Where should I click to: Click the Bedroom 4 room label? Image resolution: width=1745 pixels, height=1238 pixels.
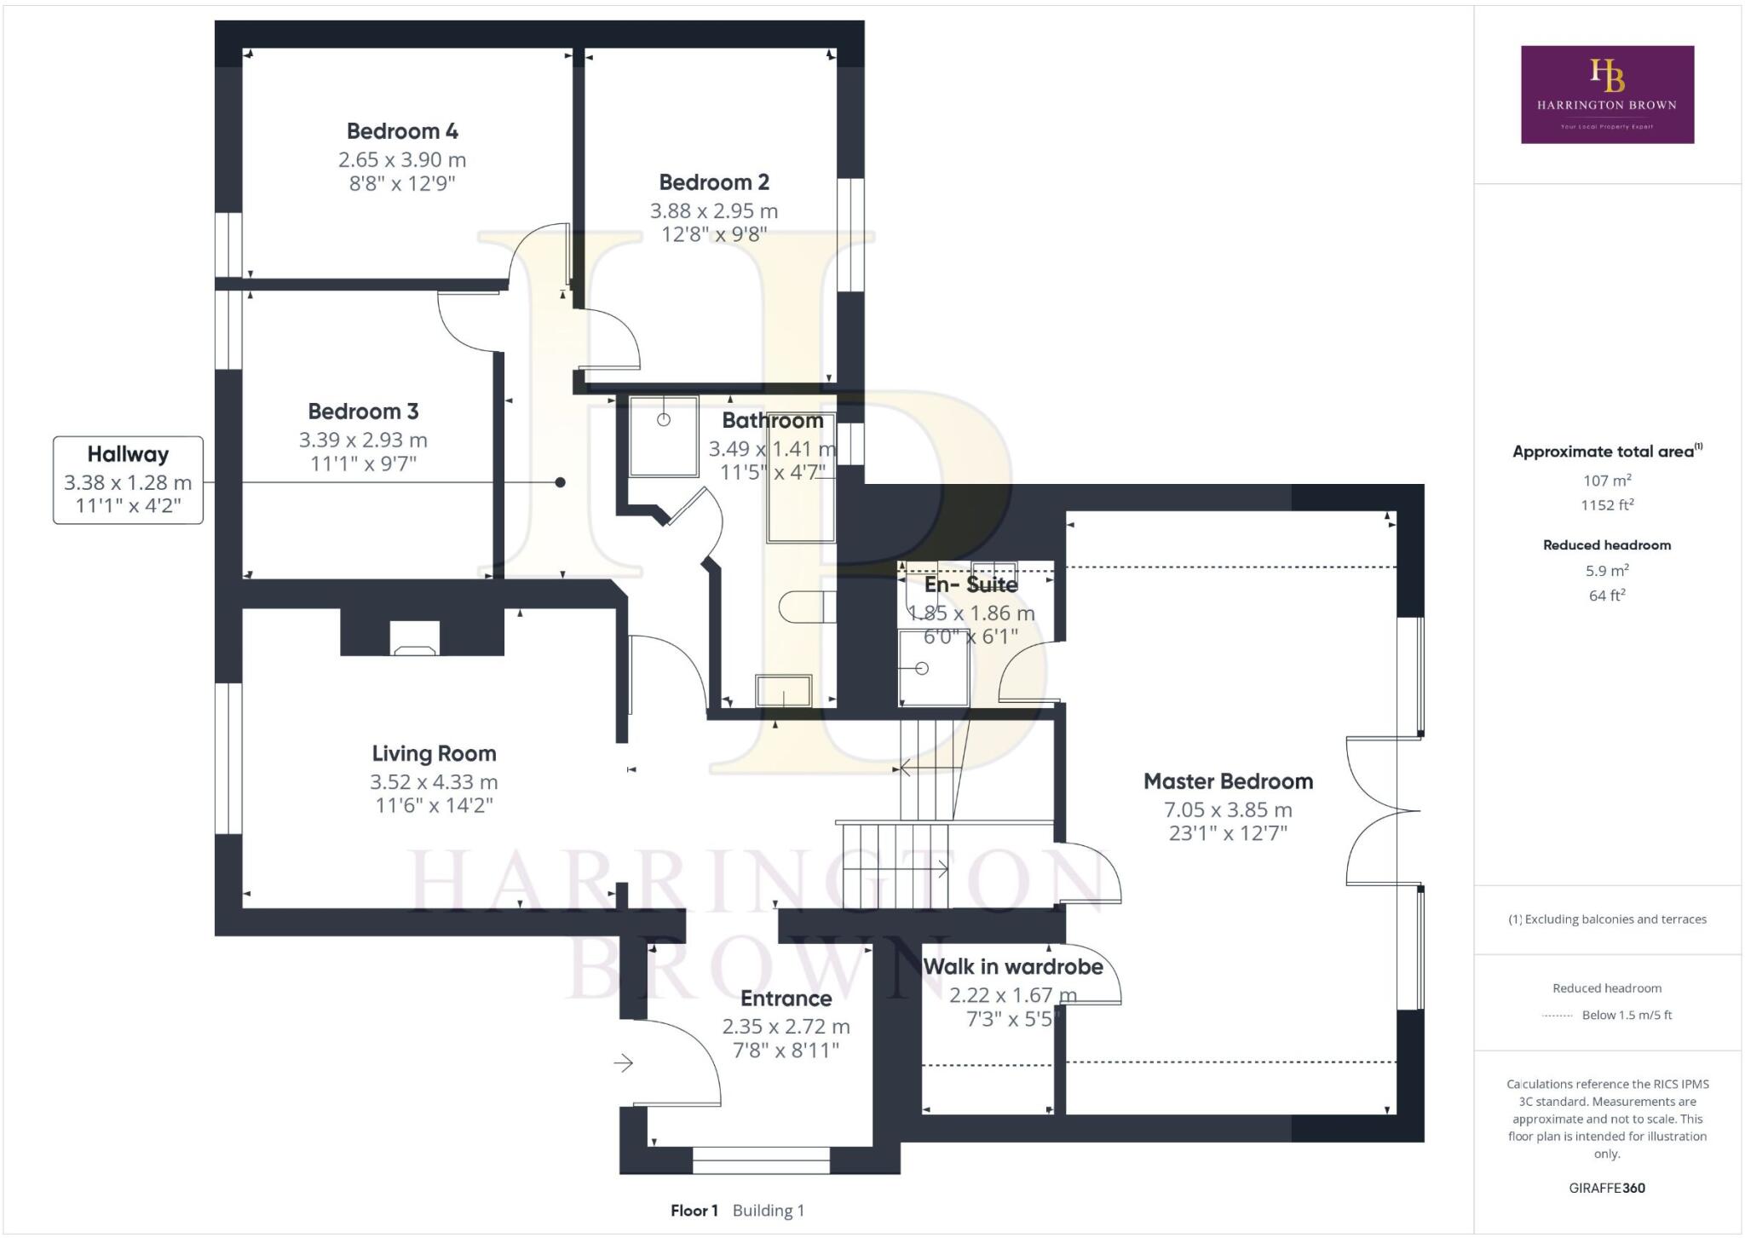coord(402,131)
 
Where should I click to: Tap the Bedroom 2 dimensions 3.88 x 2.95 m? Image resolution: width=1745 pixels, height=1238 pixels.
coord(714,210)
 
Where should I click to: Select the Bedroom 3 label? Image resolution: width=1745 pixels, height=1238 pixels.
coord(363,412)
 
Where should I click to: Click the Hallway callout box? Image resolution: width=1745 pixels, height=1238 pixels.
coord(128,480)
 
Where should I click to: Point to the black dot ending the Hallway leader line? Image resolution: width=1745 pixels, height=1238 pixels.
coord(560,482)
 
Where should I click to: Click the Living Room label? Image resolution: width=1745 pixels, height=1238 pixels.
coord(434,753)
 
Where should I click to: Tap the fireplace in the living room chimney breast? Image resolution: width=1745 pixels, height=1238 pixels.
coord(415,638)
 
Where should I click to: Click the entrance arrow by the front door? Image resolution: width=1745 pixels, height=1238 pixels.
coord(623,1063)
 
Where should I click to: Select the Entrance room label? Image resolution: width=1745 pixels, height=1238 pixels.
coord(786,999)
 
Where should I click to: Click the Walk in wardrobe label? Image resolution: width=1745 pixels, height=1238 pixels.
coord(1013,967)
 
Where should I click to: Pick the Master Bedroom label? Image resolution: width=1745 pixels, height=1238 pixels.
coord(1228,781)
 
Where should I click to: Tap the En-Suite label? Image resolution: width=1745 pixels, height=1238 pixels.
coord(971,584)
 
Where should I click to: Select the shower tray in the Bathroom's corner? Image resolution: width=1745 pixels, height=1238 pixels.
coord(663,435)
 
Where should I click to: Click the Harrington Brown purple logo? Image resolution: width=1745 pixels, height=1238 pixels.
coord(1607,95)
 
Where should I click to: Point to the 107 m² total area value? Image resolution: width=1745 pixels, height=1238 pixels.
coord(1607,480)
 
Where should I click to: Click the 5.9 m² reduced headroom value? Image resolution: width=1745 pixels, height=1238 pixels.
coord(1607,570)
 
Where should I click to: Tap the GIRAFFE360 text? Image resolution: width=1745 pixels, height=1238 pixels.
coord(1607,1188)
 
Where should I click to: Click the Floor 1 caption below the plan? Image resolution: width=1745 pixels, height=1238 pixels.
coord(694,1211)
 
